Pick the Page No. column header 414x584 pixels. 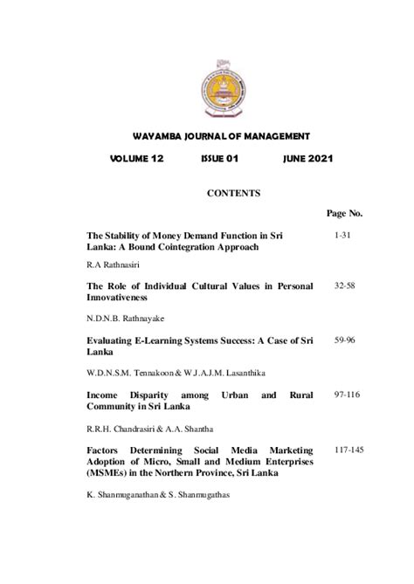click(344, 213)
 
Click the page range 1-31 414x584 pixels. click(344, 236)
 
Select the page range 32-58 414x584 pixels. click(344, 285)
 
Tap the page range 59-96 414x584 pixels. click(344, 336)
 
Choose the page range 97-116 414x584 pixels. click(344, 395)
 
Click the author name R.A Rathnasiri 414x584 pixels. click(115, 262)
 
